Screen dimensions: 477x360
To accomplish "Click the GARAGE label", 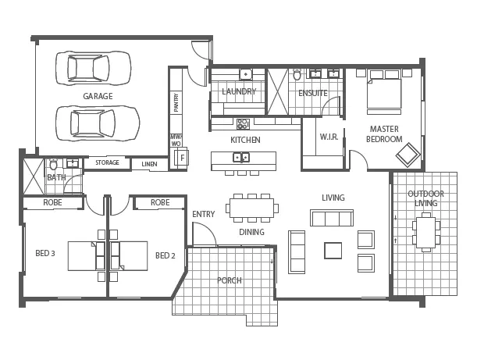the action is pos(98,96).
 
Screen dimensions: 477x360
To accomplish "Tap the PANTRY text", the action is pos(176,102).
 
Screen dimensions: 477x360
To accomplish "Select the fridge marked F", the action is pos(181,158).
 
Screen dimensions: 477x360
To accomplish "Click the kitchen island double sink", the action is pos(241,157).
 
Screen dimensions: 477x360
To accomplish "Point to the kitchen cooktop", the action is pos(243,124).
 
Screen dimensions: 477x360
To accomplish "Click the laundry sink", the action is pos(246,74).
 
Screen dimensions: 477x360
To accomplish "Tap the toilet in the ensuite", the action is pos(297,73).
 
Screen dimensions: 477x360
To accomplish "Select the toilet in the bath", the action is pos(54,164).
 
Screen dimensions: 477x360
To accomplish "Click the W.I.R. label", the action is pos(329,137).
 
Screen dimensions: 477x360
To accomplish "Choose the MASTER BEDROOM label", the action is pos(384,134).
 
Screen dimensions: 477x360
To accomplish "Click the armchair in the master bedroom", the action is pos(408,155).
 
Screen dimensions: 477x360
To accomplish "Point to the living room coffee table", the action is pos(333,251).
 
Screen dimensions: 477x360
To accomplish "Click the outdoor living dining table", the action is pos(426,232).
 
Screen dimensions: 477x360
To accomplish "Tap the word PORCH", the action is pos(230,280).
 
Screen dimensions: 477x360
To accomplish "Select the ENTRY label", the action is pos(204,214).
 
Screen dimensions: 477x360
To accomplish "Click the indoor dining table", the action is pos(252,209).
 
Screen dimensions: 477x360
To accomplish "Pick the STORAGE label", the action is pos(107,162).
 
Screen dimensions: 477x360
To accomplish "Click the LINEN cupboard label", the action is pos(149,164).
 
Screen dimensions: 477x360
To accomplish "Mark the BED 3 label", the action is pos(45,253).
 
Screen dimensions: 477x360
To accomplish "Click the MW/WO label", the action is pos(176,141).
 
